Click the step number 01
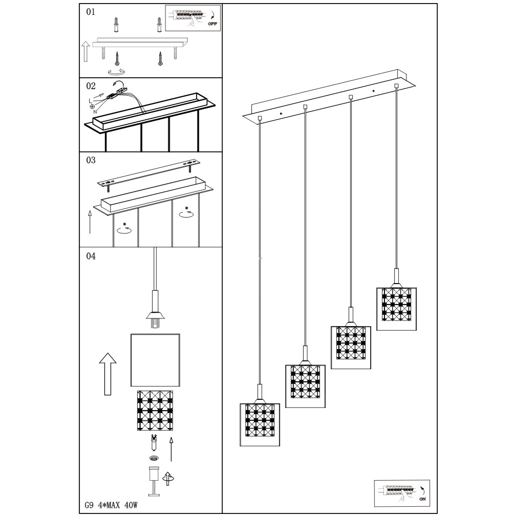[91, 12]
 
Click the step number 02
[91, 86]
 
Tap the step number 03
[91, 160]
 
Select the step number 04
[91, 256]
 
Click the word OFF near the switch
[212, 24]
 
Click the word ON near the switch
[423, 499]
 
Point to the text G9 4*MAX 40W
[111, 505]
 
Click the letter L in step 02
[90, 101]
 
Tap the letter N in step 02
[95, 112]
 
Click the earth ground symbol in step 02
[91, 106]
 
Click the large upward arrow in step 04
[108, 374]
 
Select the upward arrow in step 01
[85, 51]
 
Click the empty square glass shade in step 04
[155, 360]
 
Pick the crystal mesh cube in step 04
[155, 411]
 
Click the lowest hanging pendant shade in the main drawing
[260, 425]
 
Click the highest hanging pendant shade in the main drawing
[397, 309]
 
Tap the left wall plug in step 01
[116, 25]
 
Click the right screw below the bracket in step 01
[160, 59]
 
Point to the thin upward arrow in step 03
[90, 222]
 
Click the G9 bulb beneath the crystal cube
[154, 443]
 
